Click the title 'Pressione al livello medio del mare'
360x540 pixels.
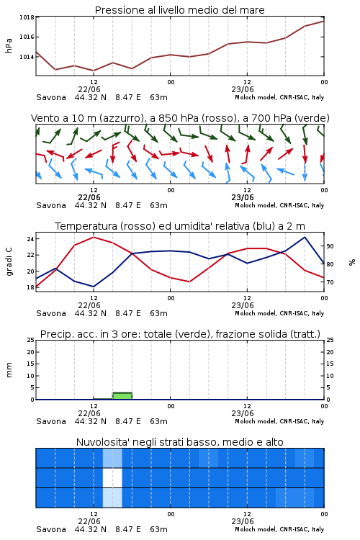point(179,10)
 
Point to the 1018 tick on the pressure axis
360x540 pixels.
point(27,17)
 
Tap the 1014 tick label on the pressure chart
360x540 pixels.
point(27,57)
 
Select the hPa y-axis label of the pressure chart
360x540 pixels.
point(9,45)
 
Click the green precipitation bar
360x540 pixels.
point(122,396)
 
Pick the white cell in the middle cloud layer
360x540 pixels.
point(112,477)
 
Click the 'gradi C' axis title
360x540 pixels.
point(9,261)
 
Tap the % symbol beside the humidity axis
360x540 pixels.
point(352,262)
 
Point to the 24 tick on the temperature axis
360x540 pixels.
point(30,238)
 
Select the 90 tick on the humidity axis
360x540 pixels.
point(330,246)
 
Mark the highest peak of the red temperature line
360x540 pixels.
point(94,238)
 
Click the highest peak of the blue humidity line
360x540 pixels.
point(305,237)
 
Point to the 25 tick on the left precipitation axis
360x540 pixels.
point(30,340)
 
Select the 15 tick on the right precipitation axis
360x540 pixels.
point(330,364)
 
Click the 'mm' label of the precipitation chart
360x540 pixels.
point(9,369)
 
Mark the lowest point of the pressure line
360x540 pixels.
point(94,71)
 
